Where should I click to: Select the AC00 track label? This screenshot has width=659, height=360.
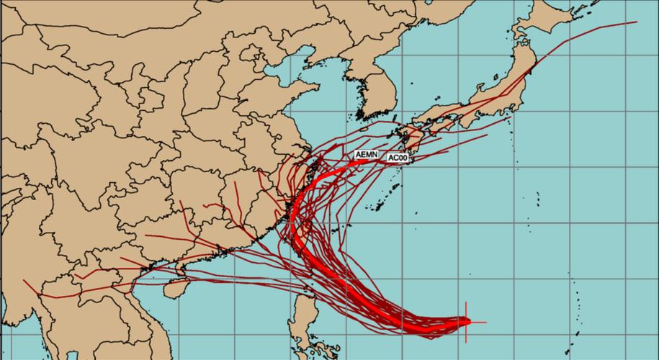coord(398,158)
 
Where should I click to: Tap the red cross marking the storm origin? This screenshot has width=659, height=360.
coord(467,321)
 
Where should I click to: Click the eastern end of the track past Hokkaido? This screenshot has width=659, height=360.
coord(637,22)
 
